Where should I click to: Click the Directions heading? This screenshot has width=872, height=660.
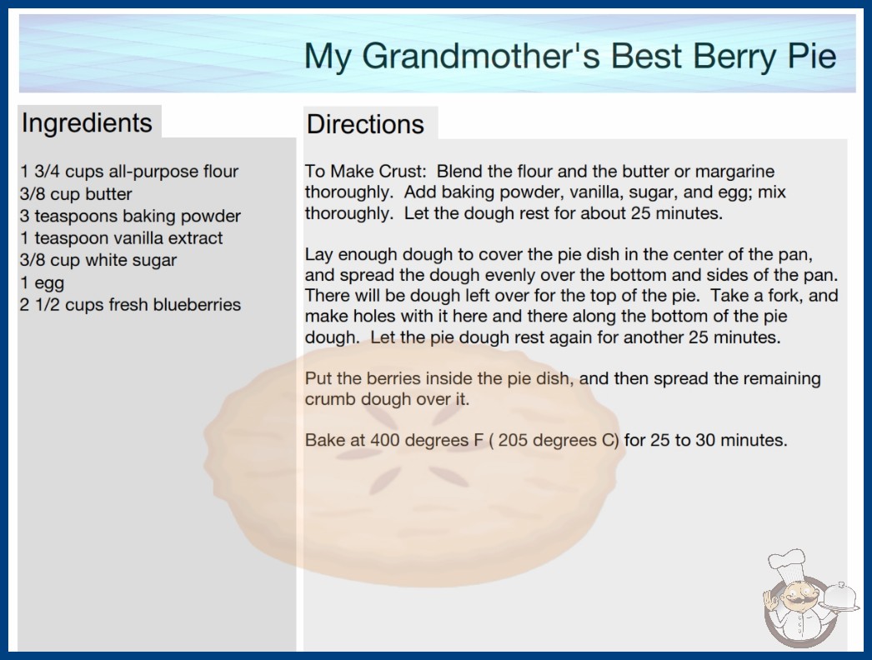pyautogui.click(x=365, y=124)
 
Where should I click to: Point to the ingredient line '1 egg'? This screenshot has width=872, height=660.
pyautogui.click(x=43, y=283)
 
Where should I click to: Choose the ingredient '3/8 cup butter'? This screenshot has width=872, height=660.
pyautogui.click(x=76, y=194)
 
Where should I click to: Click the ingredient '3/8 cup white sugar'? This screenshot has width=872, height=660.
pyautogui.click(x=98, y=260)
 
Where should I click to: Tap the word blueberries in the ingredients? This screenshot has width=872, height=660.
pyautogui.click(x=197, y=305)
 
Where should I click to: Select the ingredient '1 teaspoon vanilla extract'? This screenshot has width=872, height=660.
pyautogui.click(x=121, y=238)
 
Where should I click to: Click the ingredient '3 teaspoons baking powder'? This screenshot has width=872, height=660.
pyautogui.click(x=130, y=217)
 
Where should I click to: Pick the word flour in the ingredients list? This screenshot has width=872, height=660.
pyautogui.click(x=221, y=172)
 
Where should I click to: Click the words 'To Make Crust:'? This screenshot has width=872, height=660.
pyautogui.click(x=365, y=172)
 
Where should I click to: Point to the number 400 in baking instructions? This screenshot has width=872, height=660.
pyautogui.click(x=385, y=440)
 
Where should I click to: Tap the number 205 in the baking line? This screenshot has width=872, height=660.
pyautogui.click(x=513, y=440)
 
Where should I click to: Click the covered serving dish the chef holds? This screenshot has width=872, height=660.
pyautogui.click(x=840, y=597)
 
